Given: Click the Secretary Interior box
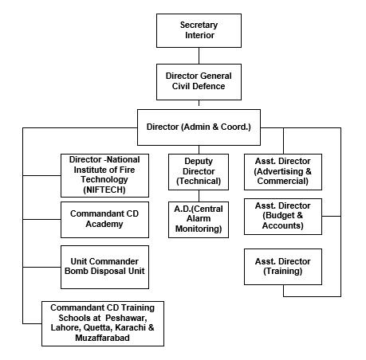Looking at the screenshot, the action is (x=199, y=31).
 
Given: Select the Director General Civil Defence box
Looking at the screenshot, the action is (x=199, y=82).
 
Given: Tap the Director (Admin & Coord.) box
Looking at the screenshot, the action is (x=199, y=127).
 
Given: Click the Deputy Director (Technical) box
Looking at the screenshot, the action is (x=199, y=172).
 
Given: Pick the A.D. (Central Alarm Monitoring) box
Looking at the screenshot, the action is (x=199, y=220).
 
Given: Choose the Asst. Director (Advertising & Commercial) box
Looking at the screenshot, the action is (x=283, y=172).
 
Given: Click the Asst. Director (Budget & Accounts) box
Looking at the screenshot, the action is (x=283, y=217).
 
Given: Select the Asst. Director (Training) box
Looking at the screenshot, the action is (x=283, y=267).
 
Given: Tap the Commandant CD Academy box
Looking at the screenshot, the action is (x=104, y=220).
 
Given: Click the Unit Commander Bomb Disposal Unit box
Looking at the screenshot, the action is (x=104, y=267).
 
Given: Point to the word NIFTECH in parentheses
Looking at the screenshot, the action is (x=104, y=190).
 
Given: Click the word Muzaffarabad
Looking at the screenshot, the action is (x=103, y=338).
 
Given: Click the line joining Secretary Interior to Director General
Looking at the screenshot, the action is (x=199, y=56).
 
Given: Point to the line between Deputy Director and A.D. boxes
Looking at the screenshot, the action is (x=199, y=196).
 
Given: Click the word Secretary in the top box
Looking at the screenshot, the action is (x=199, y=25).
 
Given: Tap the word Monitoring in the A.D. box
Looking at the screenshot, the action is (x=199, y=229).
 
